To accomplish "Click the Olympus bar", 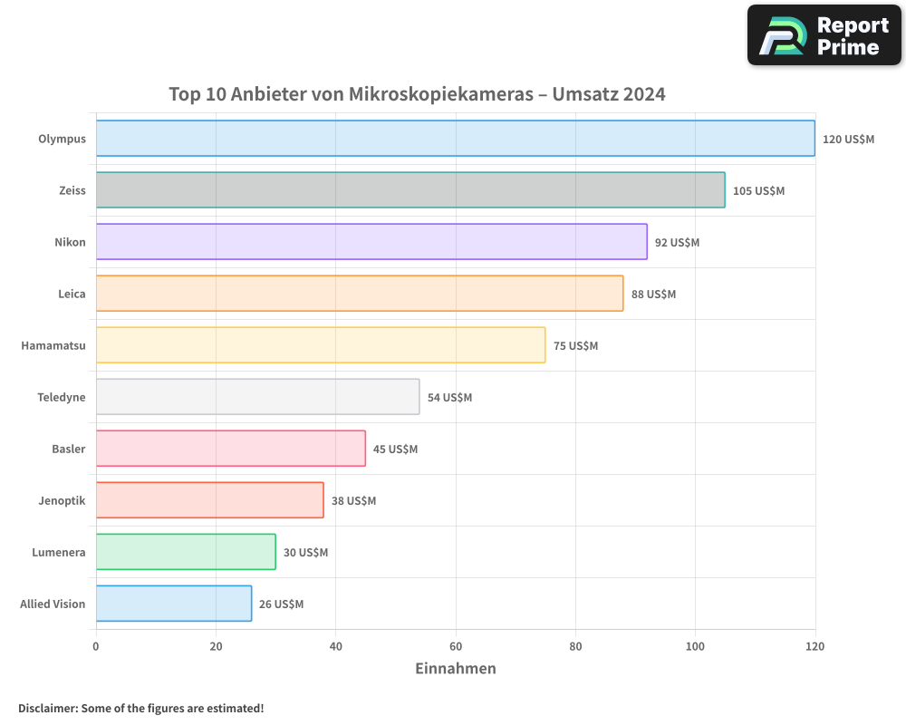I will click(x=455, y=139).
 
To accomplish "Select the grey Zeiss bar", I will click(x=410, y=190).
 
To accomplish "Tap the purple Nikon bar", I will click(x=371, y=242).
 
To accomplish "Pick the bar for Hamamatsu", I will click(x=321, y=345).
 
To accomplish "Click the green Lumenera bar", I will click(x=186, y=552).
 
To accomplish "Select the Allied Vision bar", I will click(x=174, y=604).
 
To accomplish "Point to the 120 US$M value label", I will click(x=848, y=140).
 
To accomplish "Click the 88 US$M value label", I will click(x=653, y=295).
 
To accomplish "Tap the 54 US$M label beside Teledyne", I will click(x=449, y=398).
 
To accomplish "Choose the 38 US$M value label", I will click(x=353, y=501).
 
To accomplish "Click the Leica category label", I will click(x=72, y=294).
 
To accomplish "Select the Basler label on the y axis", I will click(x=69, y=449).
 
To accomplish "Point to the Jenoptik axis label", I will click(x=63, y=500).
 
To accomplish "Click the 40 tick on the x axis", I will click(x=335, y=647).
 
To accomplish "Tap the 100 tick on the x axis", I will click(x=695, y=647).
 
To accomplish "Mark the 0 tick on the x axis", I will click(x=96, y=647).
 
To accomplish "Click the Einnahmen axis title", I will click(x=455, y=669).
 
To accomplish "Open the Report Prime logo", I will click(x=824, y=35).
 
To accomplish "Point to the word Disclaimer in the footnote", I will click(x=47, y=709).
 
